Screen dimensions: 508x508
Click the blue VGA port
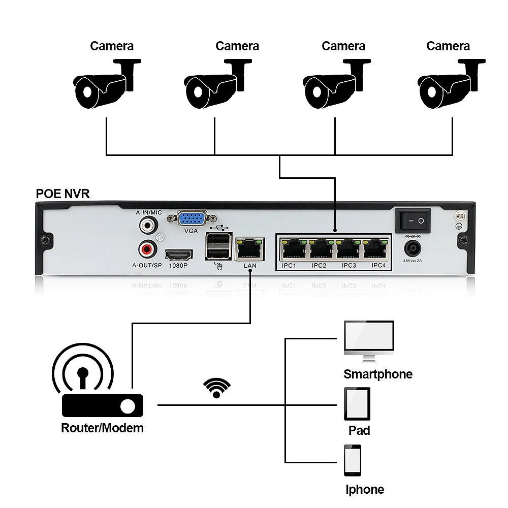coord(191,219)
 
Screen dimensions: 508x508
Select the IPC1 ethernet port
coord(291,249)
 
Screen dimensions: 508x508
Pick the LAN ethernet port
coord(250,249)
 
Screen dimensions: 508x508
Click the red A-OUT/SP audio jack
coord(147,249)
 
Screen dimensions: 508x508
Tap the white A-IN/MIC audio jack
coord(147,223)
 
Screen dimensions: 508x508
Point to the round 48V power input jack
coord(412,248)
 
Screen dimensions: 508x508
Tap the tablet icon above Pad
coord(357,404)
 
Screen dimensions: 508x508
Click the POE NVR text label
coord(63,194)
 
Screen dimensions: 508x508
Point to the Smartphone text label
coord(378,374)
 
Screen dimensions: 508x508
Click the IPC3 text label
coord(348,266)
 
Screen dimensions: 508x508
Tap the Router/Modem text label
coord(102,428)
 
